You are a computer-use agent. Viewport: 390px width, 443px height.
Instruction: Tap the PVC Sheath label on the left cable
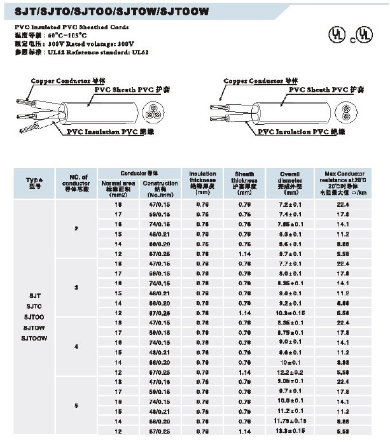(131, 91)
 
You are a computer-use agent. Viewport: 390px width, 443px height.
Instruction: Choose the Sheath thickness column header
(244, 182)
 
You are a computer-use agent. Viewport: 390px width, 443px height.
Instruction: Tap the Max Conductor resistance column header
(346, 182)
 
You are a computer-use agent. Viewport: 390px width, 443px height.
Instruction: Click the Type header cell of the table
(34, 182)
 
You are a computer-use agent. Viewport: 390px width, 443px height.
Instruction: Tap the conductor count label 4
(77, 347)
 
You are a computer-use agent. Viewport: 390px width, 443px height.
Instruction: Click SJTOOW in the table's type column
(35, 337)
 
